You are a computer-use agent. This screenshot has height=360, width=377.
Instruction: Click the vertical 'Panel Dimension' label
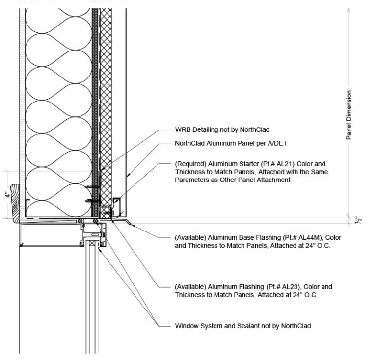(349, 115)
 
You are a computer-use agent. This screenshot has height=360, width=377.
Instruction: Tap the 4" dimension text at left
(7, 194)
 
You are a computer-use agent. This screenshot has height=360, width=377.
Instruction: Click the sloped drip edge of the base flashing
(129, 223)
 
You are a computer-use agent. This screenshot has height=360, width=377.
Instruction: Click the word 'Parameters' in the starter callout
(191, 180)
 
